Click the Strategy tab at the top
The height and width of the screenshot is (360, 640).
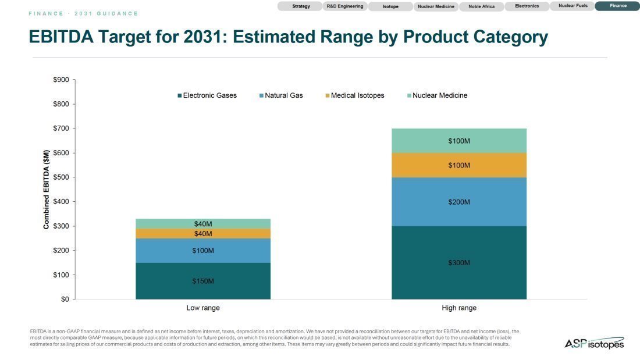click(x=300, y=6)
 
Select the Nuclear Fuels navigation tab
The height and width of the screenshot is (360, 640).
click(x=573, y=6)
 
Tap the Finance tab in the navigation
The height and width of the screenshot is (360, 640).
click(x=618, y=6)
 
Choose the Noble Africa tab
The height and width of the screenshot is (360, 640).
click(x=481, y=6)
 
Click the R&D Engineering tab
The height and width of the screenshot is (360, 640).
click(x=345, y=6)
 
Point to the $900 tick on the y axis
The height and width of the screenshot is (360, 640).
click(x=61, y=80)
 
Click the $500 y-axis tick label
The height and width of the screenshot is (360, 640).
click(x=61, y=177)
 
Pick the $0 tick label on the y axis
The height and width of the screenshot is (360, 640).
click(x=65, y=299)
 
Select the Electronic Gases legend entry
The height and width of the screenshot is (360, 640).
click(x=207, y=95)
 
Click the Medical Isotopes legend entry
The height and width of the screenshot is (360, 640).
click(x=355, y=95)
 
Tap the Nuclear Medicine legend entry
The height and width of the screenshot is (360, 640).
click(x=437, y=95)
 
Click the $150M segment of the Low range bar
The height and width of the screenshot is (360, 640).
click(x=203, y=281)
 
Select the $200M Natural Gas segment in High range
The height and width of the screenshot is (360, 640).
click(x=459, y=202)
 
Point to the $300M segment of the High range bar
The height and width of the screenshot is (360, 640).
click(x=459, y=262)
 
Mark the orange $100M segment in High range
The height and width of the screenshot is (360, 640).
click(x=459, y=165)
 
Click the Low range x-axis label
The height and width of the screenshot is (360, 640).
click(x=203, y=308)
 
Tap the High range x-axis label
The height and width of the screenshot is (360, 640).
click(x=459, y=308)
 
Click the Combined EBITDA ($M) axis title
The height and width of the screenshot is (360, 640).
click(x=46, y=190)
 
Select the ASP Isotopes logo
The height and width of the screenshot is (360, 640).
click(x=594, y=343)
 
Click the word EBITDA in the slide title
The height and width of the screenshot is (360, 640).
click(x=61, y=37)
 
